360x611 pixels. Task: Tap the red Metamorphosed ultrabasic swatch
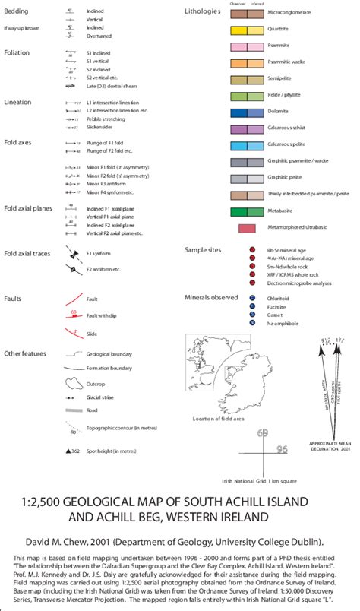tap(246, 228)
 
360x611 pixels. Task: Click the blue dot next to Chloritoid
tap(251, 299)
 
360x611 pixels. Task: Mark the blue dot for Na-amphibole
tap(251, 323)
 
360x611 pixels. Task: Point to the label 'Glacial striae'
tap(102, 397)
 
